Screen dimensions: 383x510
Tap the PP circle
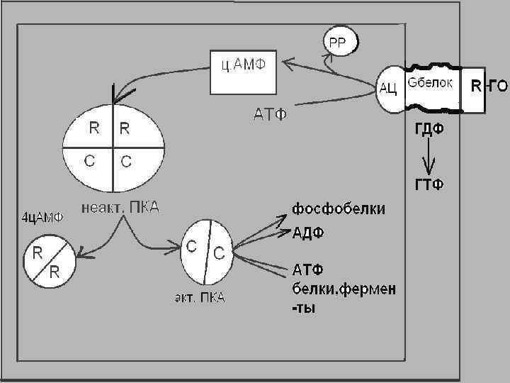(335, 42)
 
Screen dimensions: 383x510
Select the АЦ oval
(387, 89)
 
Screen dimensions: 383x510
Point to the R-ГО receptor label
(489, 87)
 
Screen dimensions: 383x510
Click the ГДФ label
(429, 130)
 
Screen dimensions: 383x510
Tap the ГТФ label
(429, 186)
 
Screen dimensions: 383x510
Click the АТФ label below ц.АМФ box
(271, 113)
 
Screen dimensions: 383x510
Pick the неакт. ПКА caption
(121, 208)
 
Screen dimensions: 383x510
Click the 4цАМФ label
(40, 217)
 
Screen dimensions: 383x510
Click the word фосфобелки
(339, 209)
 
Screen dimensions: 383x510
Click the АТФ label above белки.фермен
(308, 270)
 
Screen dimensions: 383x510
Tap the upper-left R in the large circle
(93, 128)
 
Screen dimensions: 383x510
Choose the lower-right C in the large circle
(126, 161)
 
